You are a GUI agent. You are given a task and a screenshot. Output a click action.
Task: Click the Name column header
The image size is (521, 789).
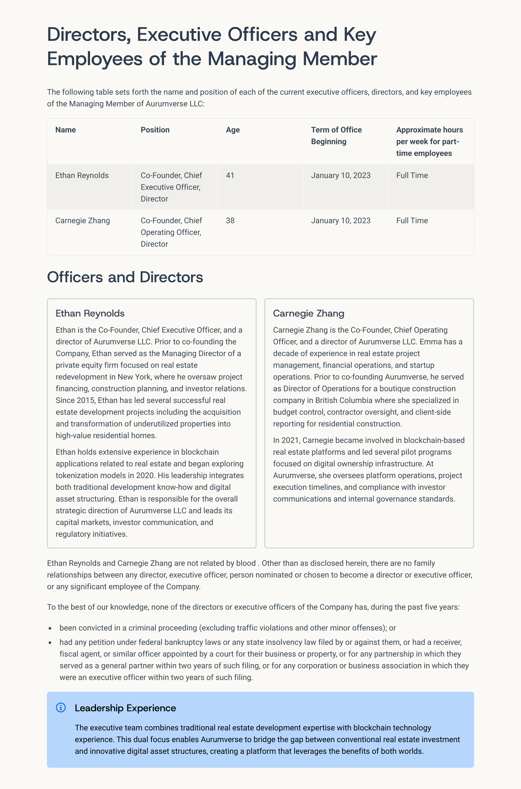pos(66,130)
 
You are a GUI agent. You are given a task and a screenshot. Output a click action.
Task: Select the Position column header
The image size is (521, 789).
pos(155,130)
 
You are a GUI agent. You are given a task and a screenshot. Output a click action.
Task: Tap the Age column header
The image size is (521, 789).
pos(232,130)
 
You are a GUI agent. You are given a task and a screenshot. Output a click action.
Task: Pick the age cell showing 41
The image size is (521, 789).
pos(230,175)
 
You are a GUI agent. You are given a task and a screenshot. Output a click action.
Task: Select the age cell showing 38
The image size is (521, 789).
pos(230,221)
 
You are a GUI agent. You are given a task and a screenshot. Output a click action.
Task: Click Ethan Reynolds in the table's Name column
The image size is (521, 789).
pos(82,175)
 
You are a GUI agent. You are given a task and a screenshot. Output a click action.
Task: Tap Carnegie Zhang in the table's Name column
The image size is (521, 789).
pos(82,221)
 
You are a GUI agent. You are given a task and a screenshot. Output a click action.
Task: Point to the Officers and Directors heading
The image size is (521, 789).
pos(125,277)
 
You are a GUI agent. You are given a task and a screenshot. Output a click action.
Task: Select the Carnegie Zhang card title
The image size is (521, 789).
pos(308,313)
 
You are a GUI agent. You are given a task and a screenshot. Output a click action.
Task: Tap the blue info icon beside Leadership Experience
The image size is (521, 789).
pos(61,708)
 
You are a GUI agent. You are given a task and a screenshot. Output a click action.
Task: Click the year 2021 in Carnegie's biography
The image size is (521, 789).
pos(291,440)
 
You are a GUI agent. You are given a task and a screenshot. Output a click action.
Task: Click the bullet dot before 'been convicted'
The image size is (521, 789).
pos(50,628)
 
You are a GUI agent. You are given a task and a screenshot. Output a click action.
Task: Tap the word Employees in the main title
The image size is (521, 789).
pos(94,59)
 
